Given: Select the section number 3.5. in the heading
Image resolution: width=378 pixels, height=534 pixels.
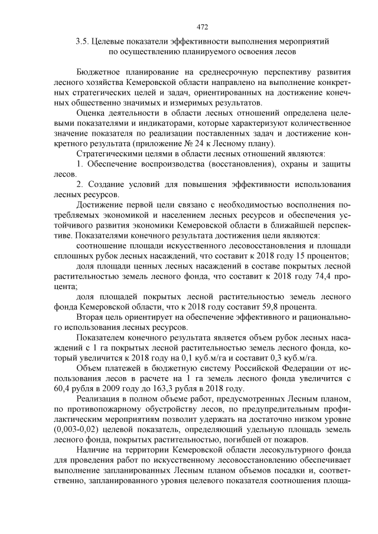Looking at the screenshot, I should click(x=83, y=42).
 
